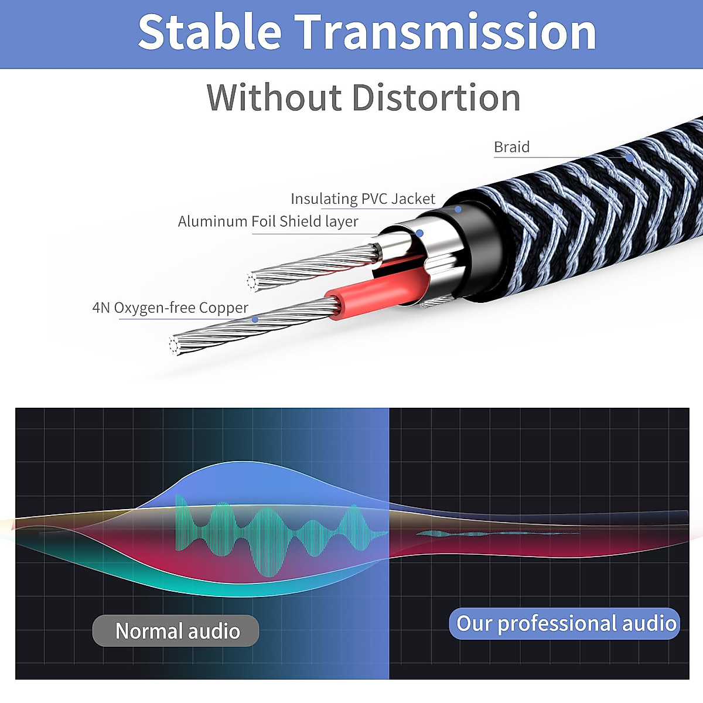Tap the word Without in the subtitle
tap(274, 97)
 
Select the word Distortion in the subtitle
tap(437, 97)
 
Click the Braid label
tap(511, 147)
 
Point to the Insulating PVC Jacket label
tap(363, 199)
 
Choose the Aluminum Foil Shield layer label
tap(268, 221)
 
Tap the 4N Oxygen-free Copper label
tap(170, 308)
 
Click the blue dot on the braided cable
tap(629, 158)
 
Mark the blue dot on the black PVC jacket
tap(458, 209)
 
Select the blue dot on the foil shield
tap(419, 233)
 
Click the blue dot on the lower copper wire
tap(255, 319)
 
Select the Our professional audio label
tap(565, 623)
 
